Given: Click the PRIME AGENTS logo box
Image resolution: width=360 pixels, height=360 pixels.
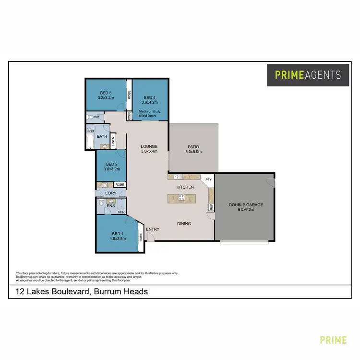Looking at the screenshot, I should coord(308,75).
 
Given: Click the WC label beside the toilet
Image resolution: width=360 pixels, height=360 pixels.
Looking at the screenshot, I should coord(96,117).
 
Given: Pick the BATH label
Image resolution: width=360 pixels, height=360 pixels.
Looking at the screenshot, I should coord(102,137).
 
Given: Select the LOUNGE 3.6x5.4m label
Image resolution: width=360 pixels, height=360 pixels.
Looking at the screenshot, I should coord(149,146).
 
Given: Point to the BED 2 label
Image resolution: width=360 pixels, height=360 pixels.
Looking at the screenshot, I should coord(111,164).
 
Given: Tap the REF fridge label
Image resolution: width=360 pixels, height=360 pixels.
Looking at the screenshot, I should coord(210,207).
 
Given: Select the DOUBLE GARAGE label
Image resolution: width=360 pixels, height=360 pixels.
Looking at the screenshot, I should coord(246,205).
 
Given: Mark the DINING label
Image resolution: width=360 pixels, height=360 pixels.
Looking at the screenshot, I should coord(184,223).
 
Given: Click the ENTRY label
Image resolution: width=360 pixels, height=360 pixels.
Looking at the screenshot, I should coord(153,229).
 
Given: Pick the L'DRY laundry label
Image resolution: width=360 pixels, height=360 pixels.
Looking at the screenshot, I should coord(111,193).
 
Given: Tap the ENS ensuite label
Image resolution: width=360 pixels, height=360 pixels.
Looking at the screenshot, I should coord(110,205).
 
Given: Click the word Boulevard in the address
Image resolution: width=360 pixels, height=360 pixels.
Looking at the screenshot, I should coord(72,291).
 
